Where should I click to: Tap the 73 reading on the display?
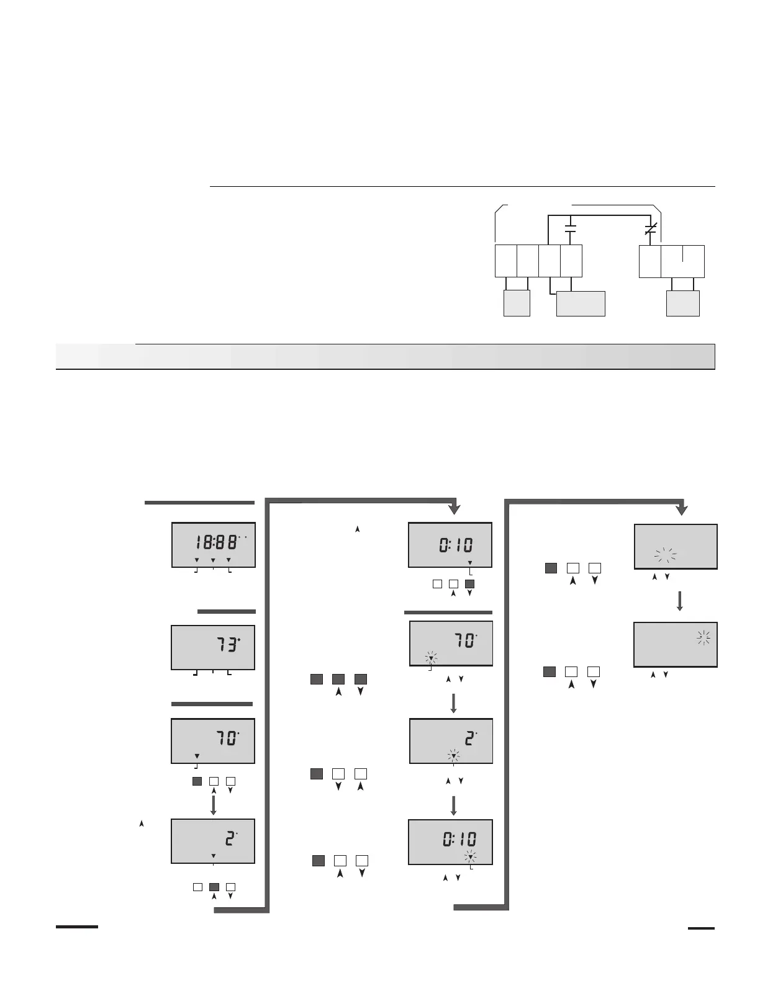(x=227, y=645)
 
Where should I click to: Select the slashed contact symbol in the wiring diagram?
(x=650, y=228)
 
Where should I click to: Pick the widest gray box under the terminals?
(x=581, y=303)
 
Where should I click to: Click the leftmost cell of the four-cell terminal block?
(x=505, y=261)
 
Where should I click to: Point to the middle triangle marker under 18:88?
(x=213, y=560)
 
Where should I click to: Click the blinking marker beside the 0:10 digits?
(x=471, y=857)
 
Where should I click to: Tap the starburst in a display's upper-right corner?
(x=703, y=637)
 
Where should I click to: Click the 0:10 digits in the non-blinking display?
(x=456, y=545)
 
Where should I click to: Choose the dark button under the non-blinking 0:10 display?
(x=469, y=583)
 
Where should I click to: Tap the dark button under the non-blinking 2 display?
(x=214, y=887)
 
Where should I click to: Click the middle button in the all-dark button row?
(x=338, y=679)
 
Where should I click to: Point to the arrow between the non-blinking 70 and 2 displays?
(x=214, y=804)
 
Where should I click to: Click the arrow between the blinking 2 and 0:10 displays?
(x=454, y=805)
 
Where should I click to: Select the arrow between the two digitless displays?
(x=680, y=601)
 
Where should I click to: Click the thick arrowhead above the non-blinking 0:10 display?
(x=455, y=509)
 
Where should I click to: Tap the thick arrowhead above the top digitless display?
(x=682, y=509)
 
